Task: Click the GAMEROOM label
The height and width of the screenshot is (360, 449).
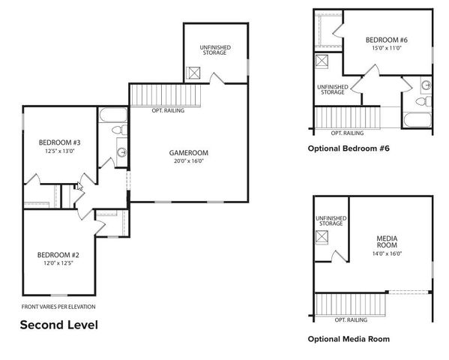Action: pyautogui.click(x=188, y=152)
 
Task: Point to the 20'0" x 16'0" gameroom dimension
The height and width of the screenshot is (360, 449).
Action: pyautogui.click(x=188, y=160)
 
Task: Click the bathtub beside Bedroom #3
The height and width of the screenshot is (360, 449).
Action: pyautogui.click(x=113, y=116)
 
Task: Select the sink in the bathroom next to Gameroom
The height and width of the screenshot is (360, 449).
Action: pyautogui.click(x=121, y=153)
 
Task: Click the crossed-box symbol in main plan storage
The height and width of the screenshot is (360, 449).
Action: pyautogui.click(x=193, y=73)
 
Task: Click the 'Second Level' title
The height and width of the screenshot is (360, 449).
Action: pyautogui.click(x=58, y=325)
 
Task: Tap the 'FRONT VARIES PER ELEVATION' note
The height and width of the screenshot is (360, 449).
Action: pyautogui.click(x=58, y=307)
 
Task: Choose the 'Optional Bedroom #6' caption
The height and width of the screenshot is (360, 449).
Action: pyautogui.click(x=349, y=148)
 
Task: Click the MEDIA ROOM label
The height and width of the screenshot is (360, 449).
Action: pyautogui.click(x=387, y=242)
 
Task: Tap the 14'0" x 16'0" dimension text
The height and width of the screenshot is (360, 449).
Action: pyautogui.click(x=387, y=254)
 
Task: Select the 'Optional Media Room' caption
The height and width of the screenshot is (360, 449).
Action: pyautogui.click(x=349, y=339)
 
